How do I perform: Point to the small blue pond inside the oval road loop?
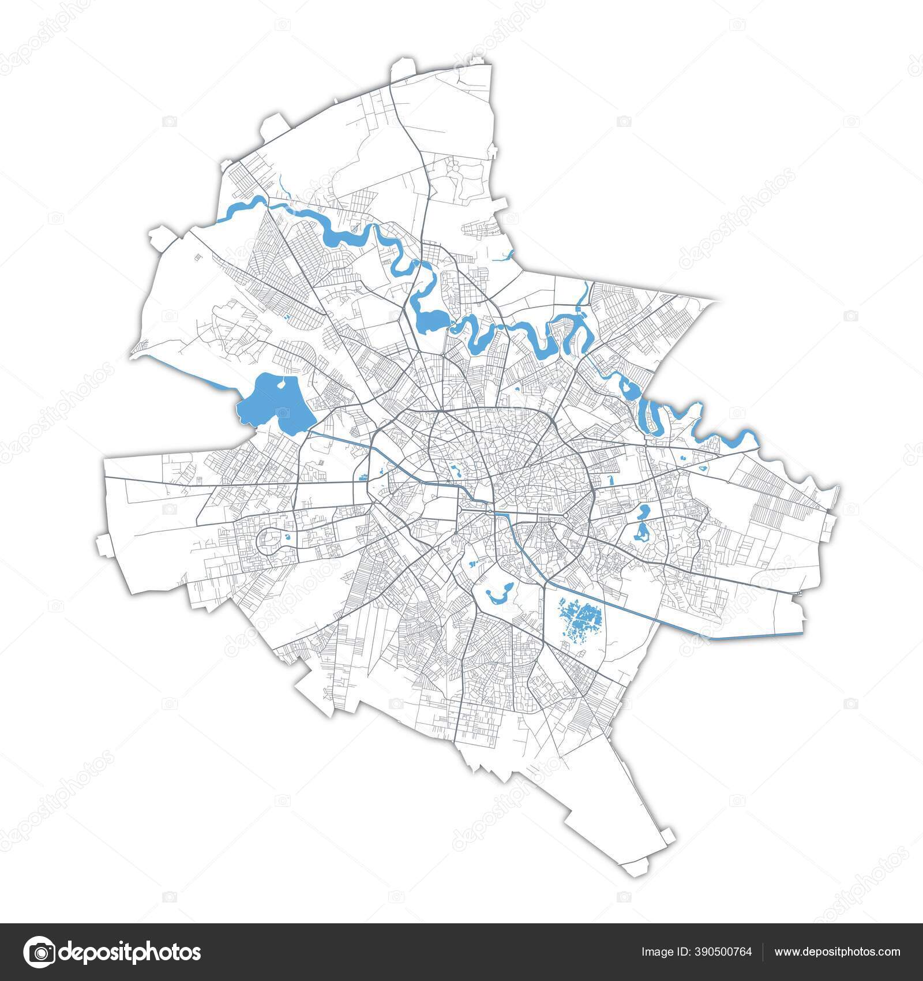tap(286, 538)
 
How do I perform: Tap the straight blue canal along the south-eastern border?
tap(756, 636)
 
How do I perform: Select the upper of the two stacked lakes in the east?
tap(644, 511)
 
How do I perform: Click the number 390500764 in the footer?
tap(712, 952)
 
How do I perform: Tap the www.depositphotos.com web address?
tap(836, 952)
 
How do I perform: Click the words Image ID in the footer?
tap(662, 952)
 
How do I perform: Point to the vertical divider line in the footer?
tap(763, 952)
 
